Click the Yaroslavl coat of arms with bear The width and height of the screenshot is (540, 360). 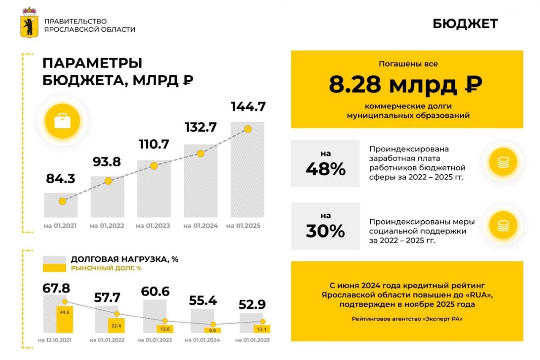click(29, 23)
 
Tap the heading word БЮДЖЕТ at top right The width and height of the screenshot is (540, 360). click(465, 24)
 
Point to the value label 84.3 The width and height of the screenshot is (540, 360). click(60, 179)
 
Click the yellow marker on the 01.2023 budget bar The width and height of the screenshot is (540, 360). click(154, 166)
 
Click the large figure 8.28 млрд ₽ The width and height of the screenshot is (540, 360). click(405, 85)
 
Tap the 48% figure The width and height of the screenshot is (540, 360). click(326, 169)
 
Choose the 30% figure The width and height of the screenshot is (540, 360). click(326, 231)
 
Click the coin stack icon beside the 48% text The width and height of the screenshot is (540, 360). click(503, 162)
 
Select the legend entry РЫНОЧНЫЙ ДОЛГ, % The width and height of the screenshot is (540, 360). click(106, 268)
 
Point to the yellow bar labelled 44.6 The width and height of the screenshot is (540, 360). click(64, 319)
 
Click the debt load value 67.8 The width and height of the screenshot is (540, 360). click(56, 288)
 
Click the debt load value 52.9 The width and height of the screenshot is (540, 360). click(252, 304)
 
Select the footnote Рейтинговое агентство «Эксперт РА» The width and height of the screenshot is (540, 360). click(407, 319)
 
